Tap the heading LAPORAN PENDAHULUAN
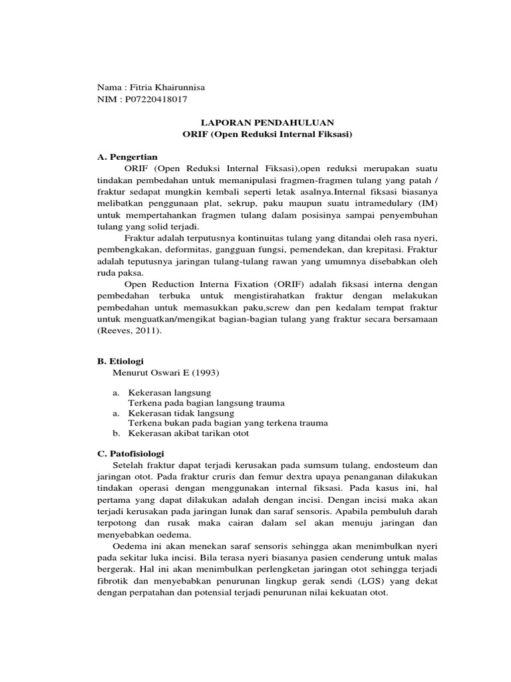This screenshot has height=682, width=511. (x=267, y=122)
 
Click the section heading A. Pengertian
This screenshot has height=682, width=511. (x=126, y=157)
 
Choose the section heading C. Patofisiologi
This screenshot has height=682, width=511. (x=130, y=453)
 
